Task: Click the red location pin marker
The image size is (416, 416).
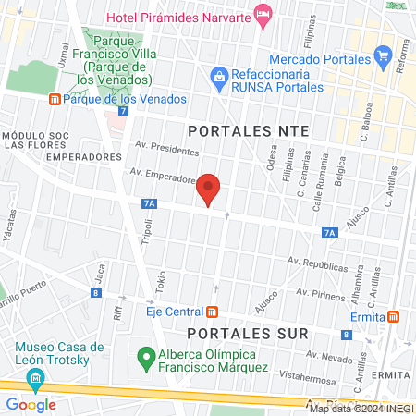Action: pyautogui.click(x=209, y=189)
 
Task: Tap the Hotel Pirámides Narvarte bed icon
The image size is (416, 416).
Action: pyautogui.click(x=263, y=13)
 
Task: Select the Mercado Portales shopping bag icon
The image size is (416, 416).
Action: pyautogui.click(x=383, y=54)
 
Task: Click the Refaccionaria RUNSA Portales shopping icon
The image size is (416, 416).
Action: pyautogui.click(x=220, y=74)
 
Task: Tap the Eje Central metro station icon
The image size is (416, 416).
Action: pyautogui.click(x=213, y=312)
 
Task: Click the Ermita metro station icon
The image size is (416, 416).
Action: pyautogui.click(x=393, y=316)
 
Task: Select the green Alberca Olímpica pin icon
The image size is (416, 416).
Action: pyautogui.click(x=145, y=354)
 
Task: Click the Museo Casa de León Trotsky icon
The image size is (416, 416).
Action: pyautogui.click(x=36, y=377)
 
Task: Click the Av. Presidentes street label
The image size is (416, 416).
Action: pyautogui.click(x=166, y=148)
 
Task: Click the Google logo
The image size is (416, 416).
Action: pyautogui.click(x=31, y=404)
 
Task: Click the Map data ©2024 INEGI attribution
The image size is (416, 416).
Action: pyautogui.click(x=361, y=408)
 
